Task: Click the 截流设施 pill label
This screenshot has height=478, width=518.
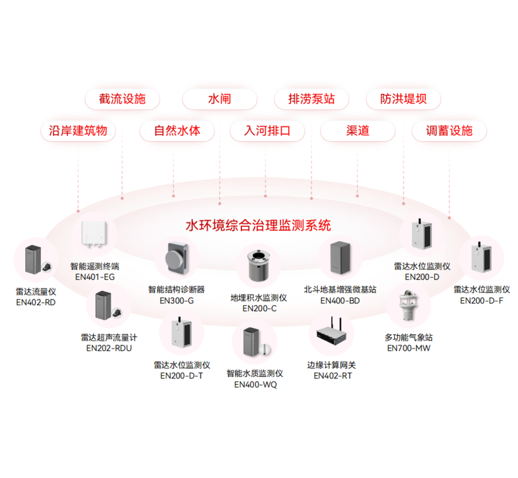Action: tap(122, 99)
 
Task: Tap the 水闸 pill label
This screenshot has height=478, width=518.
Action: tap(220, 99)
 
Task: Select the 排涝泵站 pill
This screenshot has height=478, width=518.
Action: tap(311, 99)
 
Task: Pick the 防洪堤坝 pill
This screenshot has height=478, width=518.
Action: tap(403, 99)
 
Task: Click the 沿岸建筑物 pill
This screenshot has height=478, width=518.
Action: tap(78, 131)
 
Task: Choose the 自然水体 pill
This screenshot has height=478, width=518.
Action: tap(177, 131)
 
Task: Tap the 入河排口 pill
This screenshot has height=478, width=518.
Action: tap(267, 131)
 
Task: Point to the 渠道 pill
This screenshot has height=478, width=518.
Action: tap(358, 131)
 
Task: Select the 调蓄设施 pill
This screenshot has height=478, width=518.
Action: tap(449, 131)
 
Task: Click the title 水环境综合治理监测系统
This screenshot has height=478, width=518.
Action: tap(258, 226)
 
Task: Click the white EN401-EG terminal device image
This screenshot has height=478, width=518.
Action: tap(94, 234)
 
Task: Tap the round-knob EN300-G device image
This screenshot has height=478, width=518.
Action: tap(177, 258)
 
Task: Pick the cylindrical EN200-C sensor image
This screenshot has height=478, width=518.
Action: tap(258, 265)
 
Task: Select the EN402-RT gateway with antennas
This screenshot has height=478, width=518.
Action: tap(332, 332)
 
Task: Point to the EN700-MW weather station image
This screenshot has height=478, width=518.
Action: tap(409, 305)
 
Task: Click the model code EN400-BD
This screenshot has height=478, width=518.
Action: tap(340, 301)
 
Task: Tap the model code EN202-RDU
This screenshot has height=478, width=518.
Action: tap(109, 348)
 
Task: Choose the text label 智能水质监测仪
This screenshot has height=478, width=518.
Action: tap(254, 373)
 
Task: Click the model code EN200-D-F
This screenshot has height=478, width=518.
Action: tap(482, 301)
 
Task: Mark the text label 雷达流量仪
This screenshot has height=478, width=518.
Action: tap(36, 292)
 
